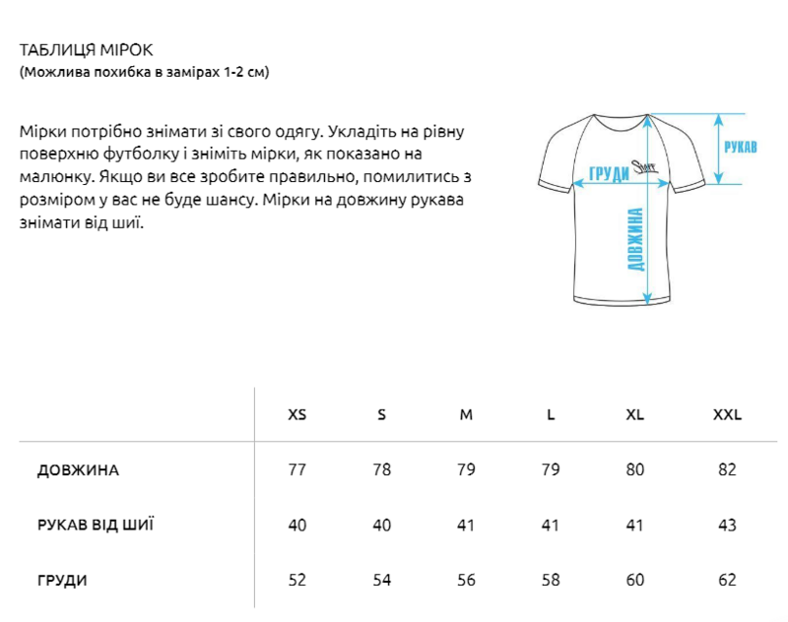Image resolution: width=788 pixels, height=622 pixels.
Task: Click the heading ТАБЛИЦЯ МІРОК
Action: coord(86,50)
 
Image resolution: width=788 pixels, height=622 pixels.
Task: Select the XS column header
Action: coord(296,414)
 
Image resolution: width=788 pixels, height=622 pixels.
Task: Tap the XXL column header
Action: coord(727,414)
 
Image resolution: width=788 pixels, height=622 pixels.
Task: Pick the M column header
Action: coord(466,414)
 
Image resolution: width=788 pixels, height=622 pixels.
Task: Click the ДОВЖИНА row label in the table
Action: coord(78,469)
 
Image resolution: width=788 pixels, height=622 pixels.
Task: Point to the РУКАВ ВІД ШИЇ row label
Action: coord(95,525)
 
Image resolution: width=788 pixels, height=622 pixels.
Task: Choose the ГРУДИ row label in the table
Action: coord(62,580)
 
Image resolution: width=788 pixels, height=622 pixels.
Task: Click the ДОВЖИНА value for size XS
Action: coord(296,469)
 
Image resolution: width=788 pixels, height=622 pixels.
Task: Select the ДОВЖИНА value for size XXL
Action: coord(727,469)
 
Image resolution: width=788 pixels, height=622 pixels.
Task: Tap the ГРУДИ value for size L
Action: coord(551,580)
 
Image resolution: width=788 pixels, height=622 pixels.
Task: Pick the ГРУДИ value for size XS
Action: coord(296,580)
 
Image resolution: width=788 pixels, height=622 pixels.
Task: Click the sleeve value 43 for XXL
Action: coord(727,525)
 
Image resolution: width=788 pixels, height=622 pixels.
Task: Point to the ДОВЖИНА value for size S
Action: coord(381,469)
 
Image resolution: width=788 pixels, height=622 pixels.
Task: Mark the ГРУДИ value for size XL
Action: coord(635,580)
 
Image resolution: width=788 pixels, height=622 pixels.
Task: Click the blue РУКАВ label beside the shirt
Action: coord(740,148)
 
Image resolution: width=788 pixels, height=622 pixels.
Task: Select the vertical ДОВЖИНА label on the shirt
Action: coord(635,239)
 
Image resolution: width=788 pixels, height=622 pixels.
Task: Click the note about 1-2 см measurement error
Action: coord(144,73)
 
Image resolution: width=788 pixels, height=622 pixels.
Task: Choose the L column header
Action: coord(551,414)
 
